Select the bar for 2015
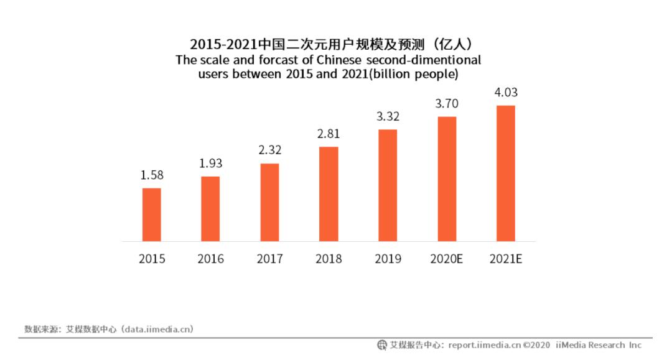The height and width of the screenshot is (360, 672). [152, 215]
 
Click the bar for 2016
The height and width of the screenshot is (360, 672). [210, 209]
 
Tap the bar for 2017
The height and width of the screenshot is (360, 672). [269, 203]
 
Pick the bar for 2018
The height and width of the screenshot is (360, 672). [329, 194]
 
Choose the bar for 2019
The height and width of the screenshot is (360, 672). [388, 185]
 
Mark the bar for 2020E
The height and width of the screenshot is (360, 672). [447, 179]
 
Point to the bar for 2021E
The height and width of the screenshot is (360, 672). [506, 173]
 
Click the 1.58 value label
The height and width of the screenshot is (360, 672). [152, 175]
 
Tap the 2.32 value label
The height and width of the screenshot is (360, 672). [269, 150]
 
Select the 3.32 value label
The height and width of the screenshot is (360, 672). [388, 116]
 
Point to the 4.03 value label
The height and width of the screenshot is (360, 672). [506, 93]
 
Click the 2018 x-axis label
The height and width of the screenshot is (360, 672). [329, 259]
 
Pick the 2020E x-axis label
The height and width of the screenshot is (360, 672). [447, 259]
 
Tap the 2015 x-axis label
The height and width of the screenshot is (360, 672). [152, 259]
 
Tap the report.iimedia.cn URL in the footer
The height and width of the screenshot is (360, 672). [484, 345]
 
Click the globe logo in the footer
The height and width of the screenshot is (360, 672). [382, 345]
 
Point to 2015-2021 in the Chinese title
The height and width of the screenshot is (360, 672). [225, 44]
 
